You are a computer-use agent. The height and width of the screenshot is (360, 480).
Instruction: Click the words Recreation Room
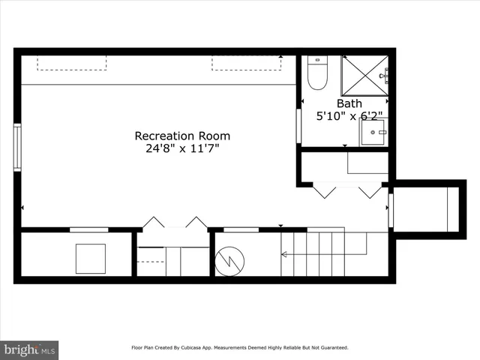(x=182, y=136)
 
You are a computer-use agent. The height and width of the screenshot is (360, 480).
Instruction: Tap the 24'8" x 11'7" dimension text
(x=182, y=148)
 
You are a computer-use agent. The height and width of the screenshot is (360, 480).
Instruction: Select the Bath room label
(x=349, y=103)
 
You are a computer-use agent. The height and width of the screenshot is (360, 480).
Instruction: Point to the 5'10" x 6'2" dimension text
(x=349, y=116)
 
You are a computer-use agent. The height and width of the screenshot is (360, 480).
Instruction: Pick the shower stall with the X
(x=364, y=74)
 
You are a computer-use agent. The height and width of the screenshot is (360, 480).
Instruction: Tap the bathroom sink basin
(x=372, y=133)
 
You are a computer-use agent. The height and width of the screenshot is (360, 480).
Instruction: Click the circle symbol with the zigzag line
(x=230, y=260)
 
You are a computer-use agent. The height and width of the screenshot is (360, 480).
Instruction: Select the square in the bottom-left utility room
(x=91, y=259)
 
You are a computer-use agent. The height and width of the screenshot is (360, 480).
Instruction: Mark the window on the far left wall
(x=17, y=148)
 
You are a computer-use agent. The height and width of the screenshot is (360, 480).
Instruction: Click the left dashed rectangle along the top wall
(x=72, y=63)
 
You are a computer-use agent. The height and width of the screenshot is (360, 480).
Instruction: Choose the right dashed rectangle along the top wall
(x=247, y=63)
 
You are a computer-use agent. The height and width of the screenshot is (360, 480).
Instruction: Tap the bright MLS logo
(x=30, y=349)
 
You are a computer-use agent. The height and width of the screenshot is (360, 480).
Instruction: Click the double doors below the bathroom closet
(x=347, y=190)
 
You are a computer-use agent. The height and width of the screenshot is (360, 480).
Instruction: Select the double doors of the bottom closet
(x=175, y=223)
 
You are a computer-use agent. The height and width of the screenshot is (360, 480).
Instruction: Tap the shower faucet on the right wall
(x=384, y=74)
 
